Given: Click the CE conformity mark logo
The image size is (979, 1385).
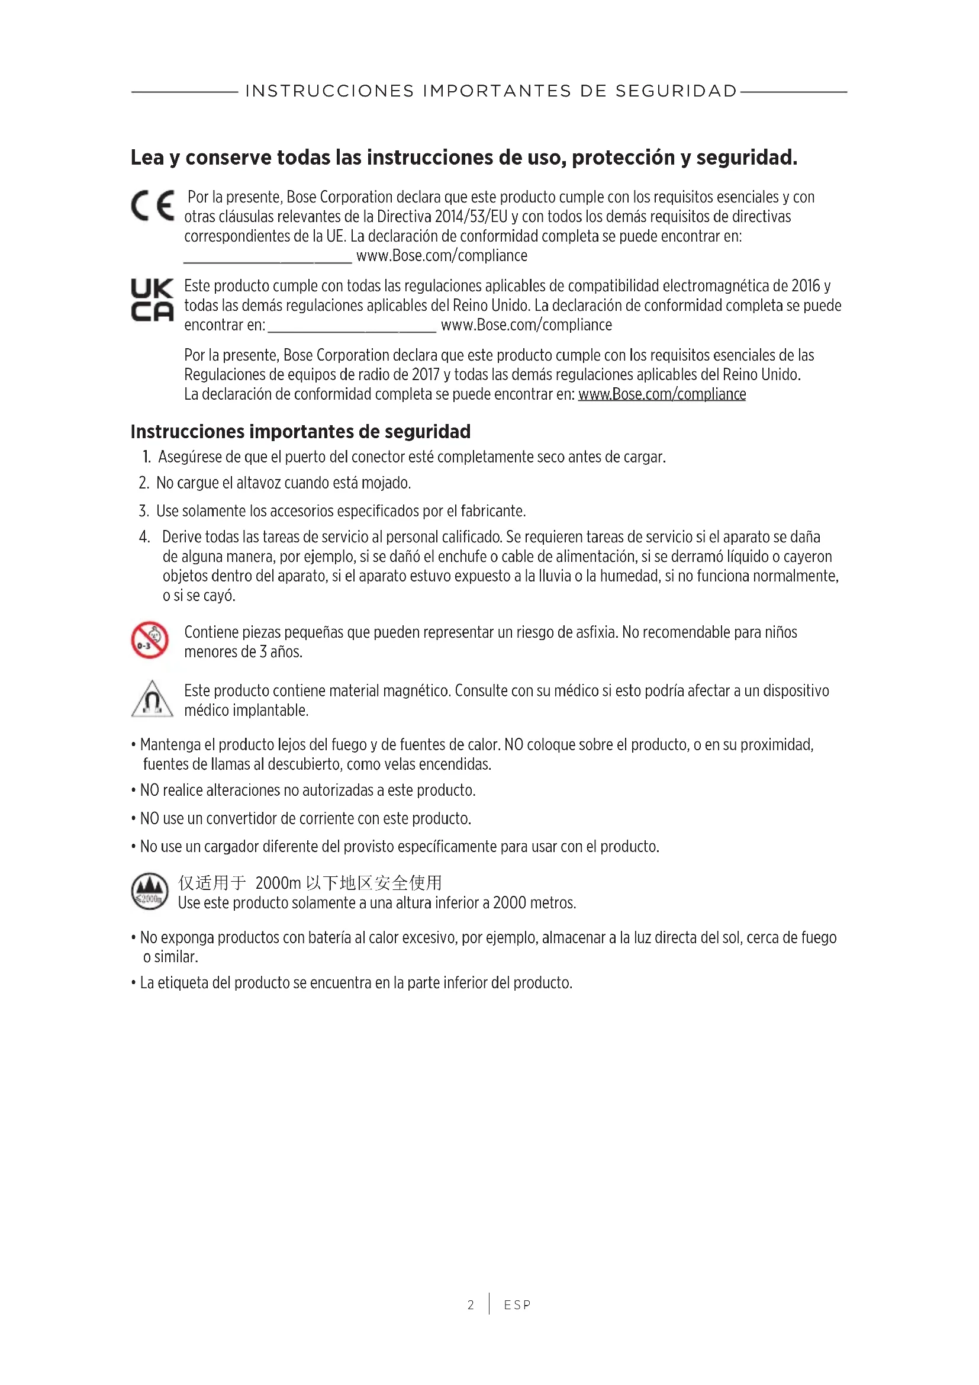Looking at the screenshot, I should point(153,205).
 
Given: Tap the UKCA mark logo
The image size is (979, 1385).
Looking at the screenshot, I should point(153,300).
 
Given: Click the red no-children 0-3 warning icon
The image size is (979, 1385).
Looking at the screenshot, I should point(150,640).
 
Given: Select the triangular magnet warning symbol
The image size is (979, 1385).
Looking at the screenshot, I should point(152,699).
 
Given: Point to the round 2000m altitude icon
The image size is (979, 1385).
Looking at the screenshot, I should point(150,892).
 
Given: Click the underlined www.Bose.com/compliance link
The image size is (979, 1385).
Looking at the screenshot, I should point(662,394).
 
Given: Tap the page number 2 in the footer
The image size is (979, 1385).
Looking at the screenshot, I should point(471,1306).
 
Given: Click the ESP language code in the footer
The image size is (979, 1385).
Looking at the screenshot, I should point(517,1306).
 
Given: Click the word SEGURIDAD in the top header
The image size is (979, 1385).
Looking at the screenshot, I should point(677,91).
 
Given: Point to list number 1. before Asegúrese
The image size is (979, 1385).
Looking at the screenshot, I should point(146,457).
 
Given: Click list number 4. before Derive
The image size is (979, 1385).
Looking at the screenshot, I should point(144,537).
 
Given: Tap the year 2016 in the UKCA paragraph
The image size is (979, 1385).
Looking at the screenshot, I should point(805,286).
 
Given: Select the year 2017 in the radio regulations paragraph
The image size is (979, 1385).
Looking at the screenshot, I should point(426,375).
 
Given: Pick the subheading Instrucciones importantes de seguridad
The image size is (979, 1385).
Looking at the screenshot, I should point(300,432).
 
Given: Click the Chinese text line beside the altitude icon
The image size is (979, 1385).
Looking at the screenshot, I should point(310,883).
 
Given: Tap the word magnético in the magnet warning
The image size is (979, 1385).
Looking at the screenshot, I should point(417,690).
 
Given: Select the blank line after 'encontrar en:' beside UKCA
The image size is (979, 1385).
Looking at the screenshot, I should point(352,326).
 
